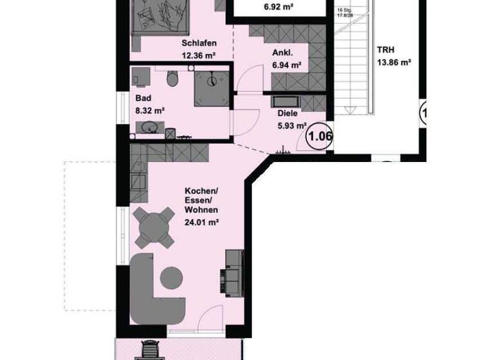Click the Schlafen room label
[x=199, y=44]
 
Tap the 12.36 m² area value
[x=199, y=55]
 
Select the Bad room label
[x=143, y=99]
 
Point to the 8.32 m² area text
[x=150, y=111]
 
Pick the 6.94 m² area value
[x=287, y=65]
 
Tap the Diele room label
[x=288, y=114]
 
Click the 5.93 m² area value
[x=291, y=126]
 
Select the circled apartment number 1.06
[x=320, y=136]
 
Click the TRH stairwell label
[x=387, y=50]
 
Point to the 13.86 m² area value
[x=393, y=62]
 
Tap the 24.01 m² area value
[x=202, y=222]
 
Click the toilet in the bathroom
[x=172, y=80]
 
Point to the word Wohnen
[x=201, y=211]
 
